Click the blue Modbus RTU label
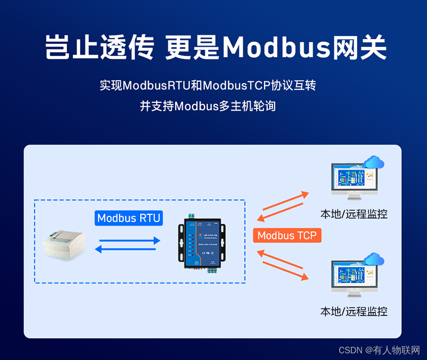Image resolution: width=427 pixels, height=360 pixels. click(x=129, y=218)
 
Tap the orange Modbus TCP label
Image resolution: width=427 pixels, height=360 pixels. click(x=287, y=235)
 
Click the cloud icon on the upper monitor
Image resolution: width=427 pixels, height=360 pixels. click(x=374, y=162)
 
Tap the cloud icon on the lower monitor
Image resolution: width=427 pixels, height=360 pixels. click(x=374, y=259)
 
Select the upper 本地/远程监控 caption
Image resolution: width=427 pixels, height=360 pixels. click(x=353, y=214)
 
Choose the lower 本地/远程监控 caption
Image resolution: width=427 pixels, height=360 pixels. click(x=353, y=312)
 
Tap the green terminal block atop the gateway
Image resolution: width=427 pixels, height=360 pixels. click(x=193, y=216)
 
